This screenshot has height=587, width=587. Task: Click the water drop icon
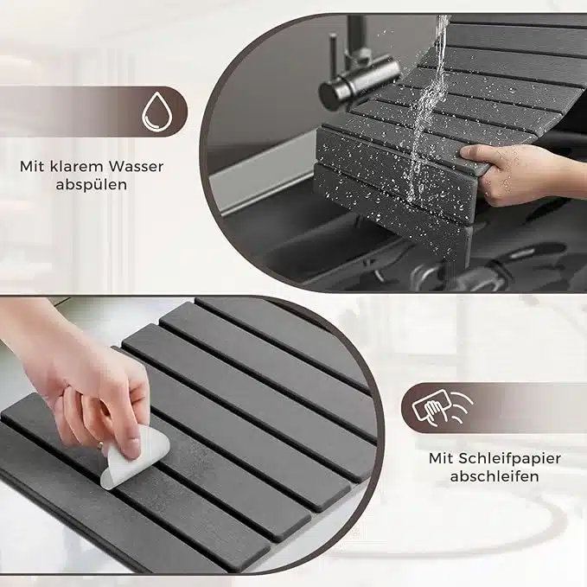[157, 112]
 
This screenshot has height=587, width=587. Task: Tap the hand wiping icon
[443, 408]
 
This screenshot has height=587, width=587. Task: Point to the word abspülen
[92, 185]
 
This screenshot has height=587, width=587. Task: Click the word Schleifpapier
[508, 458]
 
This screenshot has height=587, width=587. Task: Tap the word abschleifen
[494, 476]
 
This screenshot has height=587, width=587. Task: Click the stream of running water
[429, 105]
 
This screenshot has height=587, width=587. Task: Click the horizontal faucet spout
[360, 80]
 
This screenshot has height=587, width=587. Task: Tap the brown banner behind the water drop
[93, 112]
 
